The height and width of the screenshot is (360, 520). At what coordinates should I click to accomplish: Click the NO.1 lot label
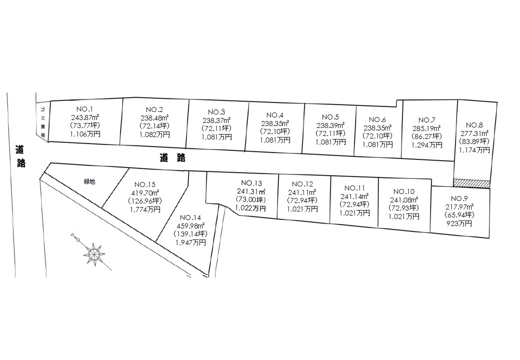85,109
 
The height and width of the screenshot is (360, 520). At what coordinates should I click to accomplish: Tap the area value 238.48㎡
155,118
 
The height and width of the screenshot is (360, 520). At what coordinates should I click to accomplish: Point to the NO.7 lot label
426,120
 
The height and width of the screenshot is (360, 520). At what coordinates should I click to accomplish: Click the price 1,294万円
426,145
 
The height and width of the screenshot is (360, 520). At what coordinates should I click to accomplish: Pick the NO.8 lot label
474,125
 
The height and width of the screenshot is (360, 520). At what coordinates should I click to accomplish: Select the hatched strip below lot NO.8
471,183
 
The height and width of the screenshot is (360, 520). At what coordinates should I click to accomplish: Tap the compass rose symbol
93,253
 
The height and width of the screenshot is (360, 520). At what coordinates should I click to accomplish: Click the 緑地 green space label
89,182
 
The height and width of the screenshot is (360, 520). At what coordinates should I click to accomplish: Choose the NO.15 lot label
144,183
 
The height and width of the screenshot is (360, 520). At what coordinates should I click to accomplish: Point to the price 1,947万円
190,242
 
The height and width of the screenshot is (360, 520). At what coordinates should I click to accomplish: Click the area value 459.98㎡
190,225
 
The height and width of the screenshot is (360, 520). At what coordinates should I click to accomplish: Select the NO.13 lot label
251,183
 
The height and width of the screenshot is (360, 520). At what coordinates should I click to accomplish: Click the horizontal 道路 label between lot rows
173,158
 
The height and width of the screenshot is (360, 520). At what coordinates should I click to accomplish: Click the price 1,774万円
144,209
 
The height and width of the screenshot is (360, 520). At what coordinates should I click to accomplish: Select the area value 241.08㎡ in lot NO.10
405,200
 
